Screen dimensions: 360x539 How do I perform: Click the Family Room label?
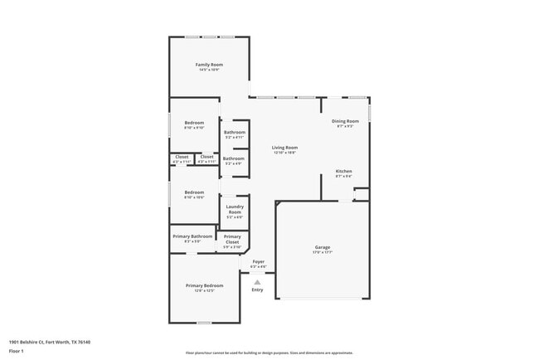tap(209, 65)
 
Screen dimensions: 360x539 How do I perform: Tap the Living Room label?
tap(284, 148)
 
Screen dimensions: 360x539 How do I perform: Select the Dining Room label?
tap(345, 121)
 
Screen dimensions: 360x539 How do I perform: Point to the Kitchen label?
tap(344, 172)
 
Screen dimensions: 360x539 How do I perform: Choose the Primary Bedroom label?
tap(205, 285)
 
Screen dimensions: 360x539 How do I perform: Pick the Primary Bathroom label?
tap(192, 236)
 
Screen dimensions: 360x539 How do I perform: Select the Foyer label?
tap(258, 262)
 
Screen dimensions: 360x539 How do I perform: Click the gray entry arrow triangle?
tap(257, 282)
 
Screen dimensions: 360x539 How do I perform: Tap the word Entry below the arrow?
tap(257, 289)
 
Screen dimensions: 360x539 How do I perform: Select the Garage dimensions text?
tap(323, 253)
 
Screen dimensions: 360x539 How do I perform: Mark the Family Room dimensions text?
tap(209, 70)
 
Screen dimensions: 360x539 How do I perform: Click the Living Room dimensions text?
tap(284, 153)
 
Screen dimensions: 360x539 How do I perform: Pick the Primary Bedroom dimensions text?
tap(205, 290)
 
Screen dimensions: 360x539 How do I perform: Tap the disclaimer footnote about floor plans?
tap(269, 353)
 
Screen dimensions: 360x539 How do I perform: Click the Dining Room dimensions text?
tap(345, 126)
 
